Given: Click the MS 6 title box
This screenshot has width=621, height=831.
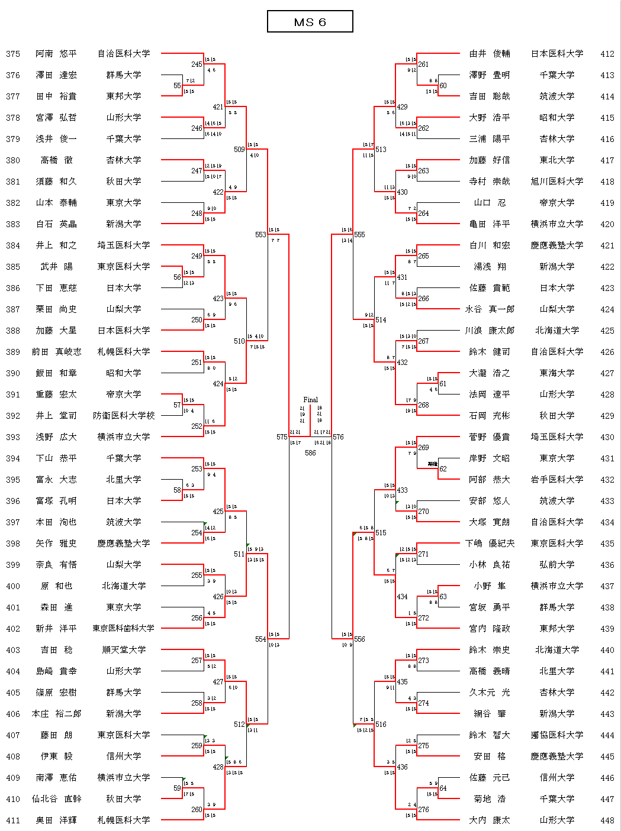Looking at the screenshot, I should coord(310,22).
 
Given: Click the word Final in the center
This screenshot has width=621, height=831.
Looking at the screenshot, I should coord(310,400).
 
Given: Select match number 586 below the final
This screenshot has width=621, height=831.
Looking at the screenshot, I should coord(310,453).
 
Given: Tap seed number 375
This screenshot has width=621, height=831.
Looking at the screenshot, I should coord(13,54).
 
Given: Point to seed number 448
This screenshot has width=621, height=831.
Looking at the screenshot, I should coord(607,820).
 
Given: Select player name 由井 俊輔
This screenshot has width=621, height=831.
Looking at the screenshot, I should coord(489,54).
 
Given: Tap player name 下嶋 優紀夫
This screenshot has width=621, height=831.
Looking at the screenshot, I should coord(489,544).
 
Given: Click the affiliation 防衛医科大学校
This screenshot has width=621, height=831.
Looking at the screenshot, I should coord(124,416).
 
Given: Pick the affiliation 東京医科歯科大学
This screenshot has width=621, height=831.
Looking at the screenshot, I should coord(124,629).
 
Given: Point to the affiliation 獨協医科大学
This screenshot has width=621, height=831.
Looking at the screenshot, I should coord(556,735).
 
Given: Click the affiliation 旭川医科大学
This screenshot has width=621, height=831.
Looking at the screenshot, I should coord(556,182).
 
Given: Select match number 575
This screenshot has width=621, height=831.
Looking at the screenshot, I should coord(282,437).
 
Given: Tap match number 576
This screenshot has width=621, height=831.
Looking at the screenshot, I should coord(338,437).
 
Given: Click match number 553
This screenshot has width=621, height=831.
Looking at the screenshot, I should coord(260,235).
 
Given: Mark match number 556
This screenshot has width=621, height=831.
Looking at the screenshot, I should coord(359,639).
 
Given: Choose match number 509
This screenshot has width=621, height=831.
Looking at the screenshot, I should coord(239,150).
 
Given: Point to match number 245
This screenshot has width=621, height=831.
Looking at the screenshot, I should coord(197,64).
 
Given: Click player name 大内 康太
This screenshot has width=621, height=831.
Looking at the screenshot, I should coord(489,820).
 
